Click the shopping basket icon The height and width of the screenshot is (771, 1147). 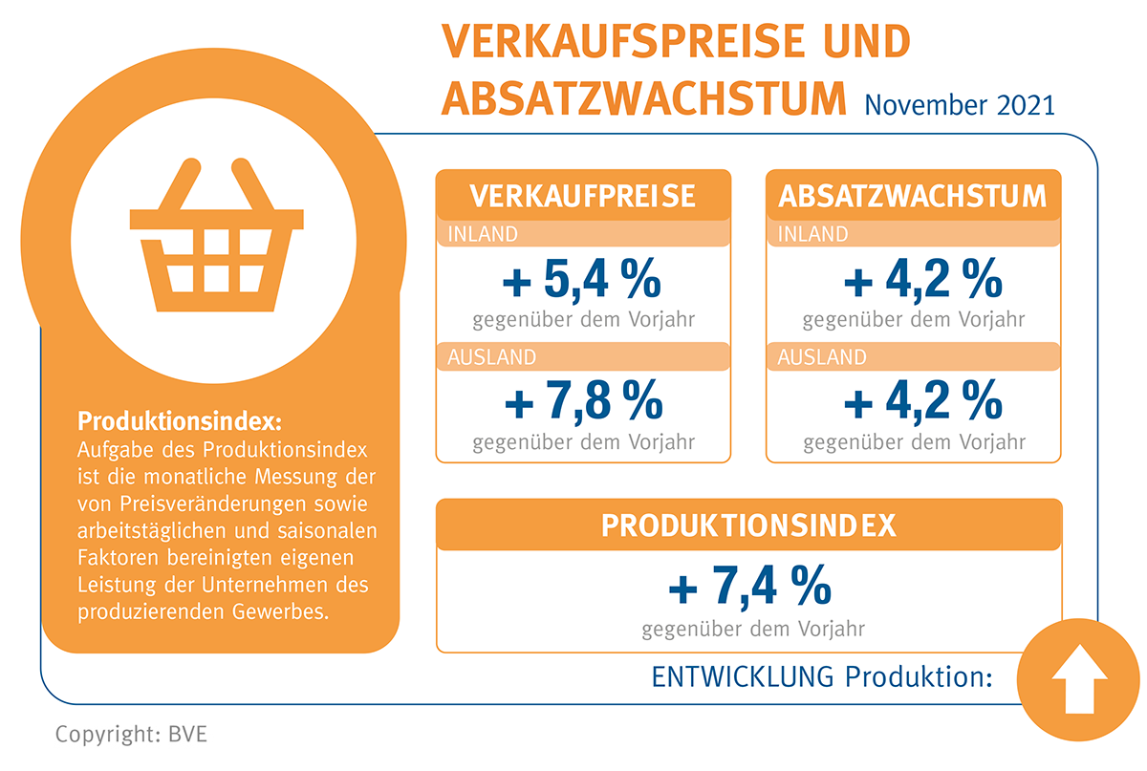click(216, 239)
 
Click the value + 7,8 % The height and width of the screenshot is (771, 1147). click(583, 404)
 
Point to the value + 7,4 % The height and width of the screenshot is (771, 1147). click(749, 587)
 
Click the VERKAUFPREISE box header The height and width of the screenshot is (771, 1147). click(583, 196)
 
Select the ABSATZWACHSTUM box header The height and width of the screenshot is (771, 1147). click(913, 196)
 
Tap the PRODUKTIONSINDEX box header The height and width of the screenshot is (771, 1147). click(748, 525)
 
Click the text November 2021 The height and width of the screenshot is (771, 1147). click(960, 103)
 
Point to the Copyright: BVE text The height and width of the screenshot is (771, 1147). click(131, 736)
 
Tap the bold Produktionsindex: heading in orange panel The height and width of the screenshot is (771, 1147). click(181, 421)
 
